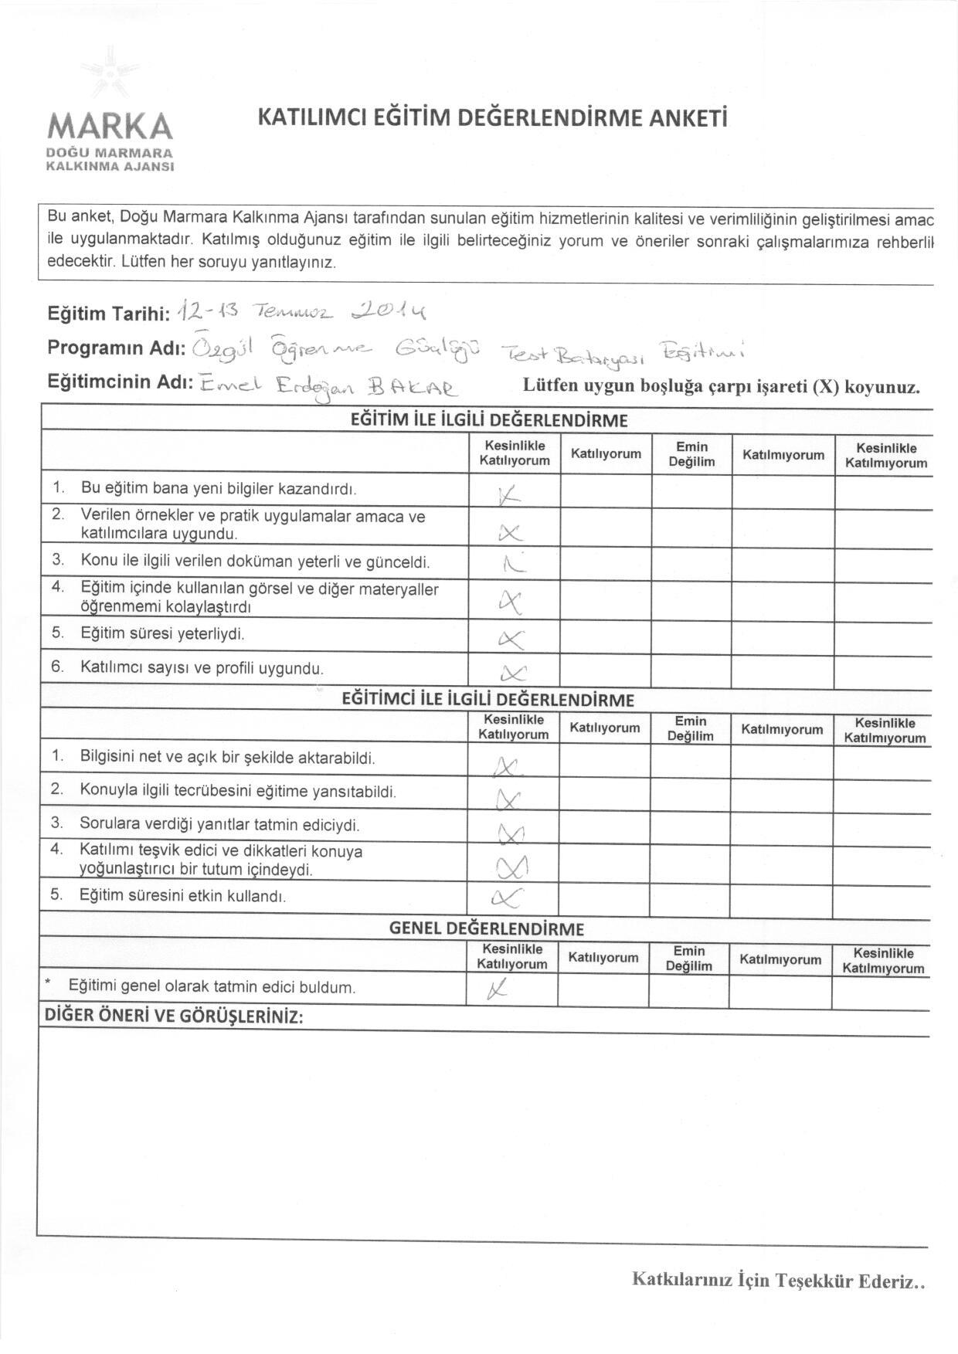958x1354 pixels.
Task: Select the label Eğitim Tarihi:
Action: coord(109,314)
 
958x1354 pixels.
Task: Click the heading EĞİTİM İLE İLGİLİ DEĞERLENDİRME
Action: coord(489,420)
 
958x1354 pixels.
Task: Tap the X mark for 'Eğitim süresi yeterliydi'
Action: coord(511,638)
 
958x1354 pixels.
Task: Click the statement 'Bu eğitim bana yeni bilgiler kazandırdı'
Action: coord(219,489)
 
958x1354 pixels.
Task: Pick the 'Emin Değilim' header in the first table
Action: coord(691,454)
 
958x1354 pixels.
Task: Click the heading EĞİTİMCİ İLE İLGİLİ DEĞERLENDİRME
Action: coord(487,700)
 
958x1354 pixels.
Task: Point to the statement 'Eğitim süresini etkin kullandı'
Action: coord(183,896)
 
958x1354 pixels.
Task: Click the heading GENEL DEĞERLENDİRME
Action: coord(486,928)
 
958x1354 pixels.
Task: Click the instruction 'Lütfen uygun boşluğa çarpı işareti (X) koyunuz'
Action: coord(722,387)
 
